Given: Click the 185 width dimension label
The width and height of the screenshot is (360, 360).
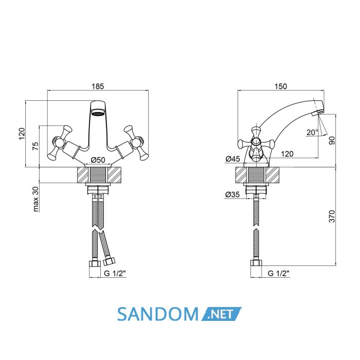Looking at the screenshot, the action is pyautogui.click(x=98, y=86).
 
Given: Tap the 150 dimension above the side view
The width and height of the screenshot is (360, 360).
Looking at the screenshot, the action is pyautogui.click(x=281, y=86).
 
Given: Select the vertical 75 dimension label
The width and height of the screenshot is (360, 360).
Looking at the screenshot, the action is pyautogui.click(x=35, y=146).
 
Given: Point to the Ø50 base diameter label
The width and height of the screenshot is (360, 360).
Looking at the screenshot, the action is pyautogui.click(x=98, y=160).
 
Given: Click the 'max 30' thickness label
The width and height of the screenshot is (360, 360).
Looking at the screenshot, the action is pyautogui.click(x=35, y=199).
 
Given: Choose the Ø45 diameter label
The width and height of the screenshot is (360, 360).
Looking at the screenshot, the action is pyautogui.click(x=233, y=158).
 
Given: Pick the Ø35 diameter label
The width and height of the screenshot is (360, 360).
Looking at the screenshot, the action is pyautogui.click(x=232, y=194).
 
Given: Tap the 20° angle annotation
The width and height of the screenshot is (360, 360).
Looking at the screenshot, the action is pyautogui.click(x=312, y=132).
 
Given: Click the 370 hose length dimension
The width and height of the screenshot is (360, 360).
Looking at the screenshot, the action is pyautogui.click(x=332, y=216).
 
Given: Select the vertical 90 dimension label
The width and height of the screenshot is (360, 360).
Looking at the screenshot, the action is pyautogui.click(x=332, y=140).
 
